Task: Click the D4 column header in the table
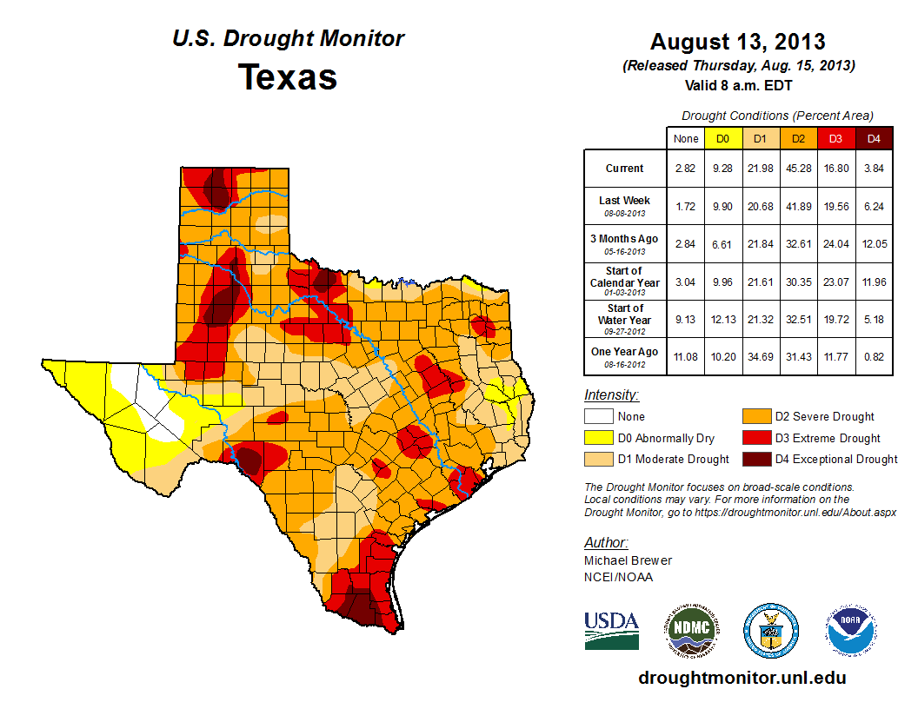[x=874, y=138]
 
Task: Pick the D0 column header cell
[x=722, y=138]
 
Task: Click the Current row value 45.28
[x=798, y=169]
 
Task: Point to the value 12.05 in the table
[x=874, y=243]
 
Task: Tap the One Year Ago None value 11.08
[x=685, y=357]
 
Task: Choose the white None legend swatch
[x=598, y=417]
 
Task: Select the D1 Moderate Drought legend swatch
[x=598, y=459]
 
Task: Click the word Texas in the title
[x=288, y=77]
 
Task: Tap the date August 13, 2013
[x=738, y=42]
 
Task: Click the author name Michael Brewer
[x=628, y=560]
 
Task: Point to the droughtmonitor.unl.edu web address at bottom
[x=742, y=678]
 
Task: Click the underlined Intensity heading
[x=612, y=395]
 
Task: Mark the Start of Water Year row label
[x=625, y=320]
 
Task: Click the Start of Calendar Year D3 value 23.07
[x=835, y=282]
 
